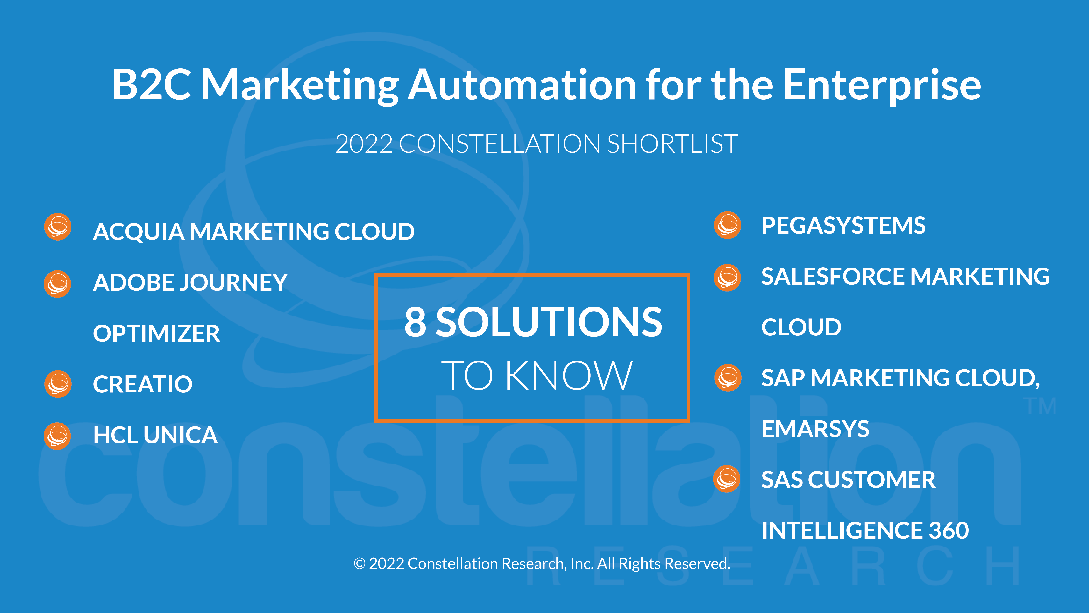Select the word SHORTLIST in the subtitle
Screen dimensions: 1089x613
point(672,144)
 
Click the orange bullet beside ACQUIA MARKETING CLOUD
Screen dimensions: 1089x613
point(58,227)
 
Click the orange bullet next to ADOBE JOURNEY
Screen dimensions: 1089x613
point(57,284)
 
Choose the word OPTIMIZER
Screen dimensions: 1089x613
point(156,333)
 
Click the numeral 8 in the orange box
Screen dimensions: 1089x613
point(415,322)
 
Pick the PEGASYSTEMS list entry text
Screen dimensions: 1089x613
point(843,225)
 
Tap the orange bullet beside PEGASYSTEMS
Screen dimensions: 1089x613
point(727,225)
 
